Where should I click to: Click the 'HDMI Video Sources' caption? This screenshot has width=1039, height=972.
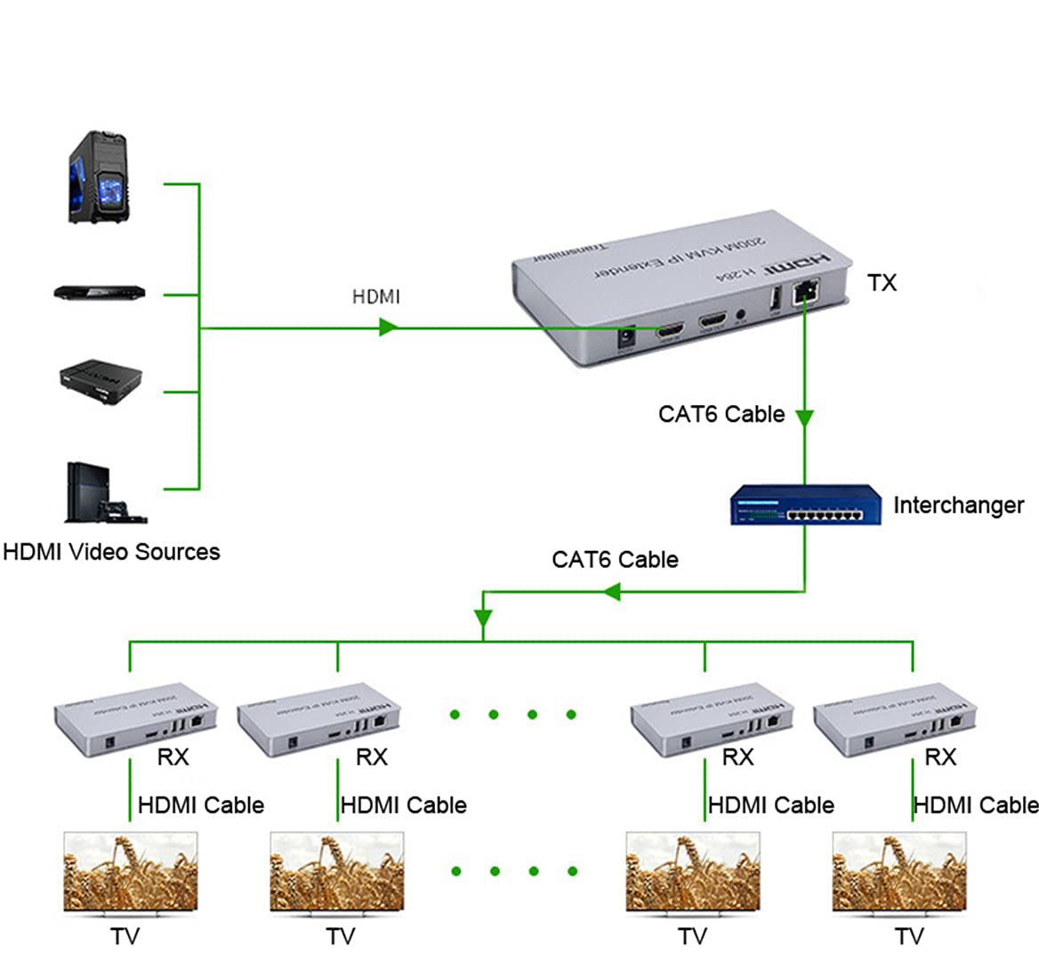tap(111, 552)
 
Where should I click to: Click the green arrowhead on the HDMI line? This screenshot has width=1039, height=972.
tap(387, 328)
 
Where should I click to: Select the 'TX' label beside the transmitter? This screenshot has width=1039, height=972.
tap(882, 283)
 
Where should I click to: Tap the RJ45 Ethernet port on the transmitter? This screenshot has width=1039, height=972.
tap(809, 289)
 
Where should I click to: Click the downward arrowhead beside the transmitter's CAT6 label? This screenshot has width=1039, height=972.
tap(804, 417)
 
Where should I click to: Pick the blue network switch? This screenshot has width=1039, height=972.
tap(806, 505)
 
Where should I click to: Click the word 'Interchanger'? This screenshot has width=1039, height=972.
tap(958, 505)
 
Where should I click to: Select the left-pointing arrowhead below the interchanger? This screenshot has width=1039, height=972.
tap(611, 591)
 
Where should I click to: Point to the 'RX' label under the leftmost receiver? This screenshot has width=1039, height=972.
tap(173, 757)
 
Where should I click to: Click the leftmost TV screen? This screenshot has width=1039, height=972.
tap(130, 871)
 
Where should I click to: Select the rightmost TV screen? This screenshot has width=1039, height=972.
tap(899, 871)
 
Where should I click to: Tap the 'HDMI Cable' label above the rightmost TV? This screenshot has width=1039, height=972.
tap(976, 805)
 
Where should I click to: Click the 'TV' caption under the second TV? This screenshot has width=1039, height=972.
tap(340, 936)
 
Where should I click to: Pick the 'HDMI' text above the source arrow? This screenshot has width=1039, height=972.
tap(376, 296)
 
